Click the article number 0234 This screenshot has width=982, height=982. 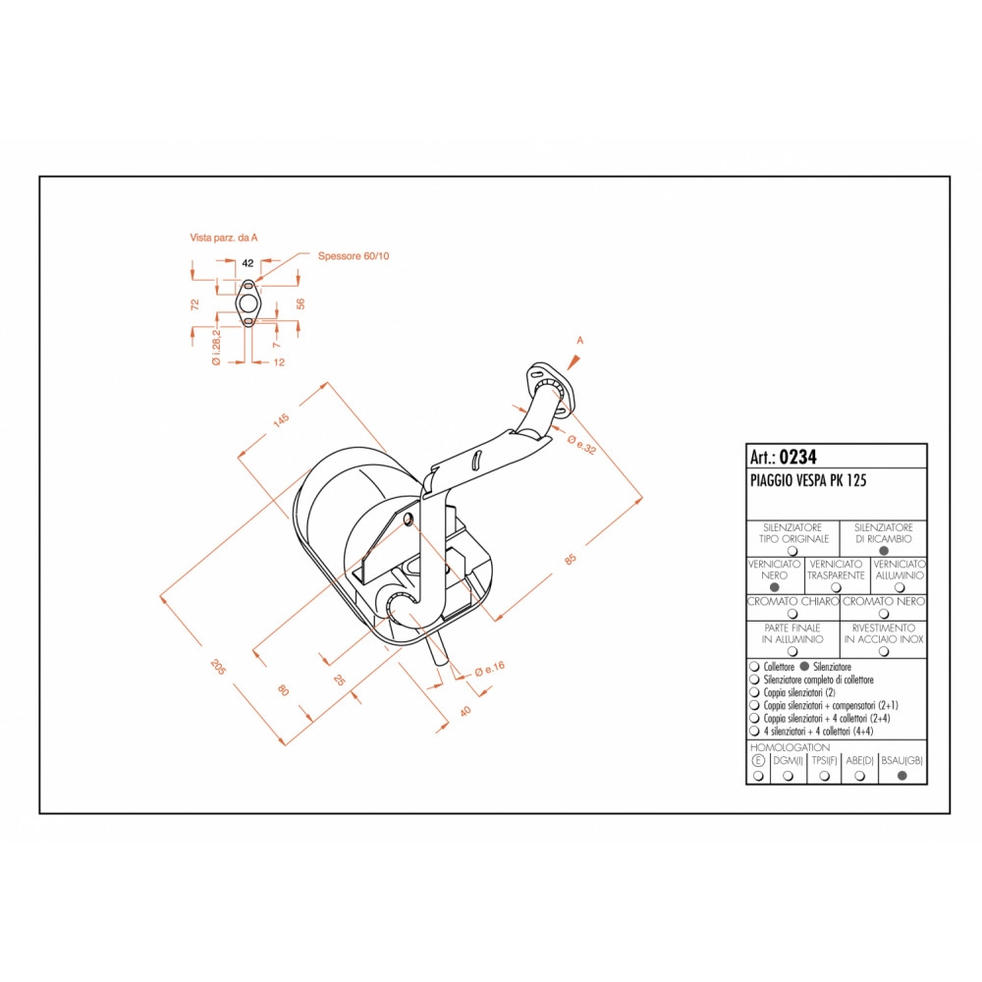(797, 458)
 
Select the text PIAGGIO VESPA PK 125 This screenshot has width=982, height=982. (808, 480)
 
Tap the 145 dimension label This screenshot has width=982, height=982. (281, 420)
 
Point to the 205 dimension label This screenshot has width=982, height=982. (218, 667)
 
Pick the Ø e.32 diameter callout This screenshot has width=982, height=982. (581, 444)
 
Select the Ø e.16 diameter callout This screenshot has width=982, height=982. (490, 670)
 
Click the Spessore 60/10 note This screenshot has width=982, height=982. (354, 255)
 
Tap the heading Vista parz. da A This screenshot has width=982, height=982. (224, 238)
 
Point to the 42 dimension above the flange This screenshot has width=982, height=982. (247, 263)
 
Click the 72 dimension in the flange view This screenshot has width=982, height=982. (194, 304)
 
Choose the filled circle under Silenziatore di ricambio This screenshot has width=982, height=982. (884, 551)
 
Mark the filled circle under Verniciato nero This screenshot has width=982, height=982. (774, 587)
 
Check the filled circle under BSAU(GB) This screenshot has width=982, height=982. (902, 776)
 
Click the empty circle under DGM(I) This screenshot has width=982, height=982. (788, 776)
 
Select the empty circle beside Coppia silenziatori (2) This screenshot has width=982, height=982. (754, 692)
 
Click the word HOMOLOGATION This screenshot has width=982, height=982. (790, 747)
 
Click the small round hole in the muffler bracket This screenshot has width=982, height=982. (409, 519)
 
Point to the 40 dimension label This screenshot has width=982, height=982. (464, 711)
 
